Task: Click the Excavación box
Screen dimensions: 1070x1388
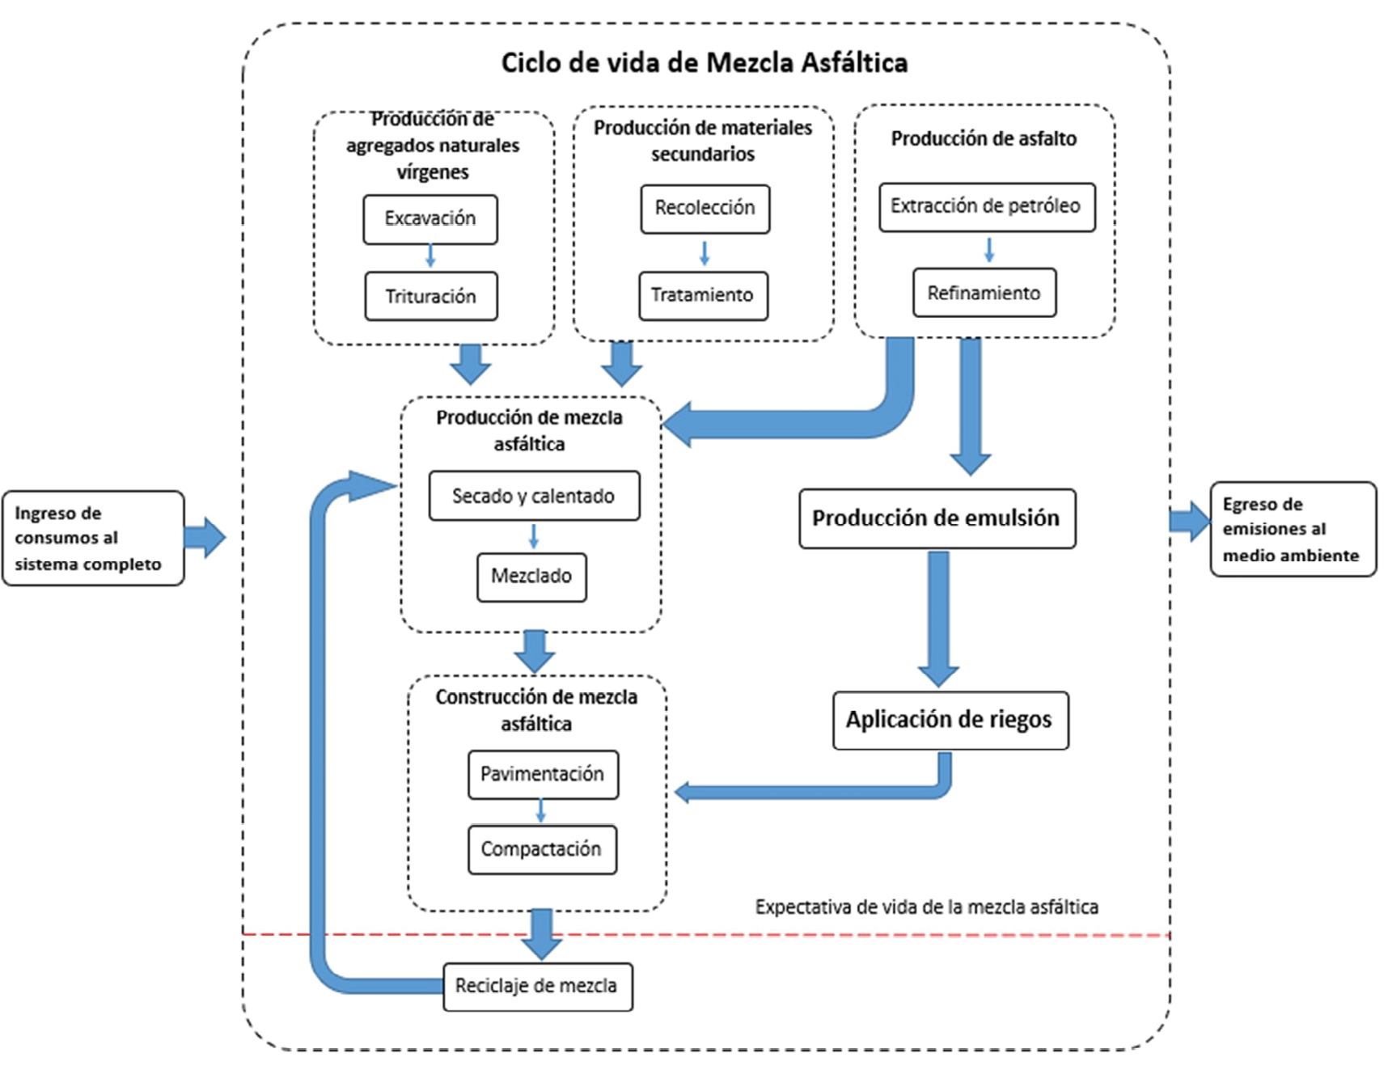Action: coord(430,219)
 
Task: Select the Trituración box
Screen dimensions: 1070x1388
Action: coord(430,297)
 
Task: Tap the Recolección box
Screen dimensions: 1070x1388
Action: coord(705,209)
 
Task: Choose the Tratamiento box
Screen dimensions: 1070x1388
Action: coord(703,295)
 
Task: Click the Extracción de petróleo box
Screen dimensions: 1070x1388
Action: coord(987,207)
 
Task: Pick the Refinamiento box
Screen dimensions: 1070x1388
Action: coord(984,293)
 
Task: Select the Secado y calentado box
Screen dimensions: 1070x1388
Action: coord(534,496)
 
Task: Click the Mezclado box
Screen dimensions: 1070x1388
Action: coord(531,577)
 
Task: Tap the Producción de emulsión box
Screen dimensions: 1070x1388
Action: coord(937,518)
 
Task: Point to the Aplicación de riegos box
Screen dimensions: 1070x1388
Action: coord(950,720)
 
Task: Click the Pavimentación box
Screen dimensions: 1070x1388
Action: coord(543,775)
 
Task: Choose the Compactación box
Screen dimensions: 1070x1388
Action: coord(542,849)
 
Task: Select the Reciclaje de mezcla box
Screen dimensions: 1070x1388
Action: coord(537,986)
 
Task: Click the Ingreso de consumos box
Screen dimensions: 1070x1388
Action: coord(92,538)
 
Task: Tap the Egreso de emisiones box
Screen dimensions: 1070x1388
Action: coord(1292,530)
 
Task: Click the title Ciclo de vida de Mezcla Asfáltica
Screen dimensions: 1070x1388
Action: coord(704,63)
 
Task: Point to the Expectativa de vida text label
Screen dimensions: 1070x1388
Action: coord(926,907)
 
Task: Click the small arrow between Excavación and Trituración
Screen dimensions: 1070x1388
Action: coord(430,256)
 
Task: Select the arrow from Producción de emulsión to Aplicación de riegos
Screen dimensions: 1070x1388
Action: coord(938,619)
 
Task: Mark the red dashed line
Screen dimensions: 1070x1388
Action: coord(809,935)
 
